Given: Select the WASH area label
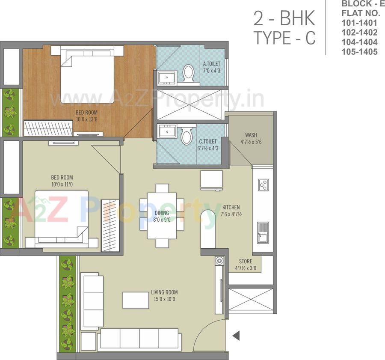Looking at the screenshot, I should (251, 135).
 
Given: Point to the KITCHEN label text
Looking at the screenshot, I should (231, 207).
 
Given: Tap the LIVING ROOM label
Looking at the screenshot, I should (163, 293).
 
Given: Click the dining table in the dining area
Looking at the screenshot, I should (162, 215).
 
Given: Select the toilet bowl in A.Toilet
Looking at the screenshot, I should (188, 73).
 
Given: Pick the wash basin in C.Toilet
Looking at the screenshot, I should (166, 131).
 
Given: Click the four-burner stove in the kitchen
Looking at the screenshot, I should (264, 185).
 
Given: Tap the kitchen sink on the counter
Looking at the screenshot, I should (262, 233).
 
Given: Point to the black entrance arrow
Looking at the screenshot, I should (236, 336).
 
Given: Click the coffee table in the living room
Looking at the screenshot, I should (135, 300).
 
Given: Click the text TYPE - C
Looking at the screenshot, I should (284, 38).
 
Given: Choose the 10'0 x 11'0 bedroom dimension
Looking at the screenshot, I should (62, 184).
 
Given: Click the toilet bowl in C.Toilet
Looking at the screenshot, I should (186, 136).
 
